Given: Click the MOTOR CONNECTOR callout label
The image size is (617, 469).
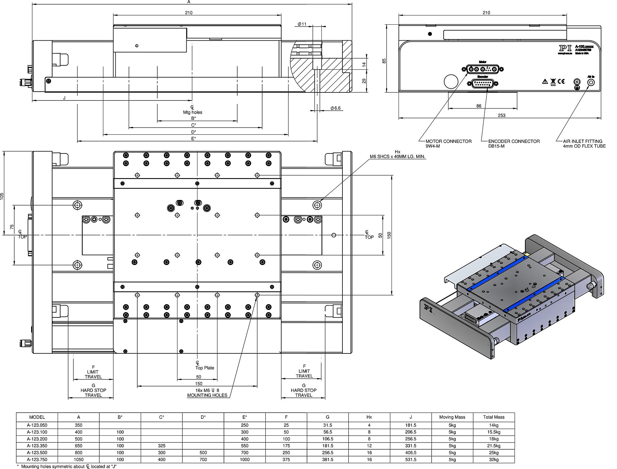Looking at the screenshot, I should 448,144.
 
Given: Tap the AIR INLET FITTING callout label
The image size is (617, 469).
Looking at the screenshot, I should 584,144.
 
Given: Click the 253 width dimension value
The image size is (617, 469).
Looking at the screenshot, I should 502,115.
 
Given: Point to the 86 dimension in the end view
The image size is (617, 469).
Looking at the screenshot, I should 479,106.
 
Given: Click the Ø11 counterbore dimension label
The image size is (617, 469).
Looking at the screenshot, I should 302,24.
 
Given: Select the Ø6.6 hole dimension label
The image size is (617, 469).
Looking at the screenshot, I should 335,108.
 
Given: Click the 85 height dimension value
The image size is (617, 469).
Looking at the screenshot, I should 384,61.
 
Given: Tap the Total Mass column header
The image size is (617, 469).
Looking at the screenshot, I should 494,417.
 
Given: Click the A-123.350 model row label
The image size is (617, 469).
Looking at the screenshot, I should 37,446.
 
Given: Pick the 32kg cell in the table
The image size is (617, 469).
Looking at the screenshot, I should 494,459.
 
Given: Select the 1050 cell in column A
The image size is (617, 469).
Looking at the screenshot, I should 78,459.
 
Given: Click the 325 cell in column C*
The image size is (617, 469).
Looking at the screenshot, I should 162,446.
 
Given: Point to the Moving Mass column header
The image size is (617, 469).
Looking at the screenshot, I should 452,417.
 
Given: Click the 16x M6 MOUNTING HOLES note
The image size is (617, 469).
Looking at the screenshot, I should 207,393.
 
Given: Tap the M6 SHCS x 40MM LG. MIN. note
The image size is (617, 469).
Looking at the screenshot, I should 398,157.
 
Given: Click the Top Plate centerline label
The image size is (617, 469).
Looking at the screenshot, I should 205,368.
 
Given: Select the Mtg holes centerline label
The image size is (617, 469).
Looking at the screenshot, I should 193,112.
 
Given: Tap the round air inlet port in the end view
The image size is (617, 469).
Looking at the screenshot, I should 591,83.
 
